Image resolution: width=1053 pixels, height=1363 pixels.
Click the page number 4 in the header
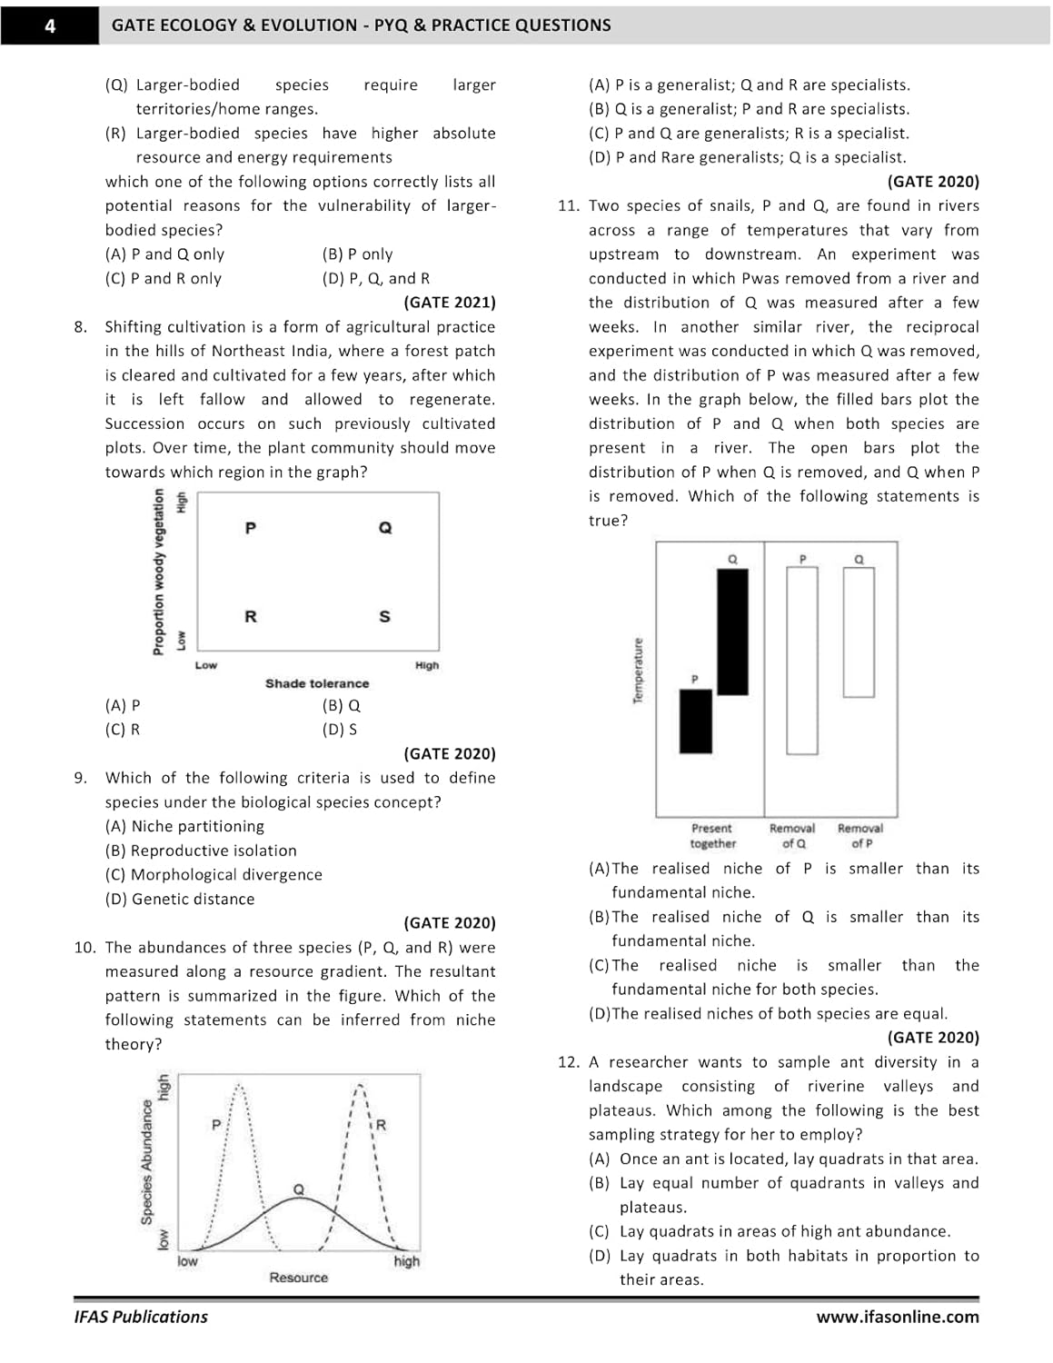pos(50,25)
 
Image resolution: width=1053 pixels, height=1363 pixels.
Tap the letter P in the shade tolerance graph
pos(251,528)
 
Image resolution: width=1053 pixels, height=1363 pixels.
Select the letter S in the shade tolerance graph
pos(384,617)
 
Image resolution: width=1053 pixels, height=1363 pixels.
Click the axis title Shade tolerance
pos(317,683)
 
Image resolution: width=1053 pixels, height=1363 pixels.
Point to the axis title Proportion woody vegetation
pos(159,571)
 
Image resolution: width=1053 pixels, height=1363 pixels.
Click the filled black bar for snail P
pos(696,721)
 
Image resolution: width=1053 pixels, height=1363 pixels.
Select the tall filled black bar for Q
pos(733,632)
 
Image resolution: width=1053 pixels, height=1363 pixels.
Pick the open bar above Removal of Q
pos(802,661)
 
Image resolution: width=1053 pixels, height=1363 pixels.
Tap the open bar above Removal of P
pos(859,632)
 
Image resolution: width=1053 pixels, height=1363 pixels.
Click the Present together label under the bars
pos(712,836)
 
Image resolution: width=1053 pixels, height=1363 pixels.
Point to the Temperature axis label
pos(638,670)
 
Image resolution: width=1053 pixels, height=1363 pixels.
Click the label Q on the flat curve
pos(298,1189)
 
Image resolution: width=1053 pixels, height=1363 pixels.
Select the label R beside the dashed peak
pos(381,1125)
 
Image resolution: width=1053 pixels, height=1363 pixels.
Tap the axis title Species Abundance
pos(146,1161)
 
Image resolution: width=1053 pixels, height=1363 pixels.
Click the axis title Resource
pos(298,1278)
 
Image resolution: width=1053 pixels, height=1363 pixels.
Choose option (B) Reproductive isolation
pos(201,851)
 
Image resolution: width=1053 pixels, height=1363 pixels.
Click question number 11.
pos(568,206)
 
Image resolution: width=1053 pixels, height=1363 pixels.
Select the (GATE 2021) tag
pos(450,303)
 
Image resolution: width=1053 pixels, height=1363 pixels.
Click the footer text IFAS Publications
pos(141,1317)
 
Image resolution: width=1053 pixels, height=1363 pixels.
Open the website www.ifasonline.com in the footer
pos(897,1317)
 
